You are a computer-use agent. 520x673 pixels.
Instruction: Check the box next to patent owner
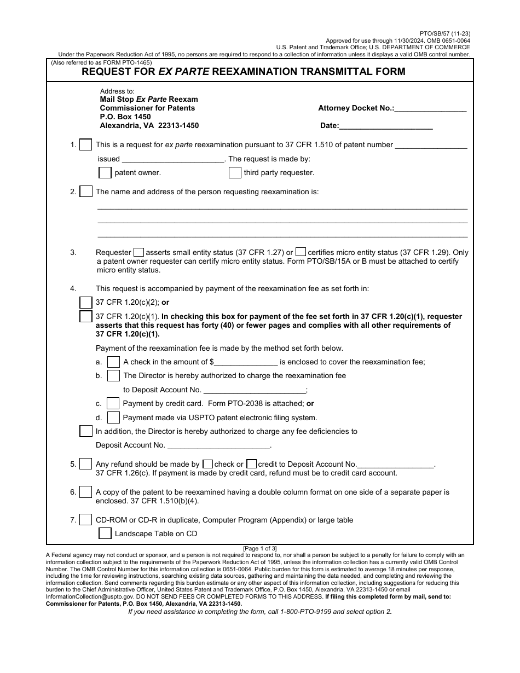click(x=105, y=172)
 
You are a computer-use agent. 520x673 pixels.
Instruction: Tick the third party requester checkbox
click(x=235, y=172)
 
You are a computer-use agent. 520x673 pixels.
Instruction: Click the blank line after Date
click(x=386, y=126)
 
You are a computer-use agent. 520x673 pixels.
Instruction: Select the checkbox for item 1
click(x=86, y=145)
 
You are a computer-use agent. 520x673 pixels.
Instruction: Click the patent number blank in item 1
click(x=431, y=146)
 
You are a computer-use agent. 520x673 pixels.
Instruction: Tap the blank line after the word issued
click(x=173, y=159)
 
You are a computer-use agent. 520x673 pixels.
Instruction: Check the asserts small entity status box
click(x=139, y=252)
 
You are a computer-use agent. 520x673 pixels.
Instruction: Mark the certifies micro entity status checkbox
click(x=301, y=252)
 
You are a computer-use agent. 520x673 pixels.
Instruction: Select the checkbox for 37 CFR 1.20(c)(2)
click(x=86, y=303)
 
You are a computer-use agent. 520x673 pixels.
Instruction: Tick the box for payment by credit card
click(x=113, y=403)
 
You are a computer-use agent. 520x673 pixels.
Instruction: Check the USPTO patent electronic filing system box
click(x=113, y=417)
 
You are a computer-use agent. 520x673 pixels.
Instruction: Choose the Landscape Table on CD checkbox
click(x=105, y=533)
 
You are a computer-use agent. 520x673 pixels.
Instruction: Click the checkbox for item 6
click(x=86, y=492)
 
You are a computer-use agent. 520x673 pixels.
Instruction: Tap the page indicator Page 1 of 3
click(x=260, y=548)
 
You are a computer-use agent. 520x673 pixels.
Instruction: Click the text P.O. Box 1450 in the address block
click(x=125, y=117)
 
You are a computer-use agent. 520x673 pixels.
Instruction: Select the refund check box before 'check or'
click(x=207, y=464)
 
